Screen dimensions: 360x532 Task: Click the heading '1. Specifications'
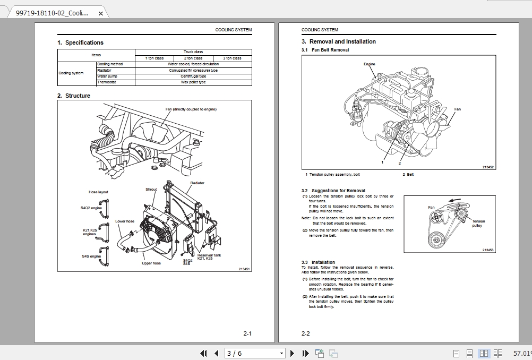point(81,42)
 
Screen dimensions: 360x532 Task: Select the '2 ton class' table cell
point(193,58)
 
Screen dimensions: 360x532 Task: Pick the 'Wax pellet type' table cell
point(193,82)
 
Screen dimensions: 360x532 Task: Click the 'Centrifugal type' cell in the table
point(193,76)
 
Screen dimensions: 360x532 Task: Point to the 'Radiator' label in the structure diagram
point(197,183)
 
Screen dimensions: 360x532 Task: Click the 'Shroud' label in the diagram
point(151,189)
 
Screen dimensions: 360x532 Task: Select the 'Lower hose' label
point(125,221)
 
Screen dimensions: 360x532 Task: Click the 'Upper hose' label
point(151,263)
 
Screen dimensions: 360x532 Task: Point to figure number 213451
point(244,269)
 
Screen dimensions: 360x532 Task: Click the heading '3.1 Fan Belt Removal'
point(325,50)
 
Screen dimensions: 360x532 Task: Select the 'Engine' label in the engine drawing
point(369,64)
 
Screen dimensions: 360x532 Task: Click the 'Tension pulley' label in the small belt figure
point(478,224)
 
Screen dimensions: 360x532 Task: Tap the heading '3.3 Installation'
point(318,262)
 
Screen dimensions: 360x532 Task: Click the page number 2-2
point(305,333)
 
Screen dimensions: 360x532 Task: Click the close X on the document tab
point(101,13)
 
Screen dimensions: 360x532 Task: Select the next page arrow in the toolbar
point(292,353)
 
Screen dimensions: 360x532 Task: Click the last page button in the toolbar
point(305,353)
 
